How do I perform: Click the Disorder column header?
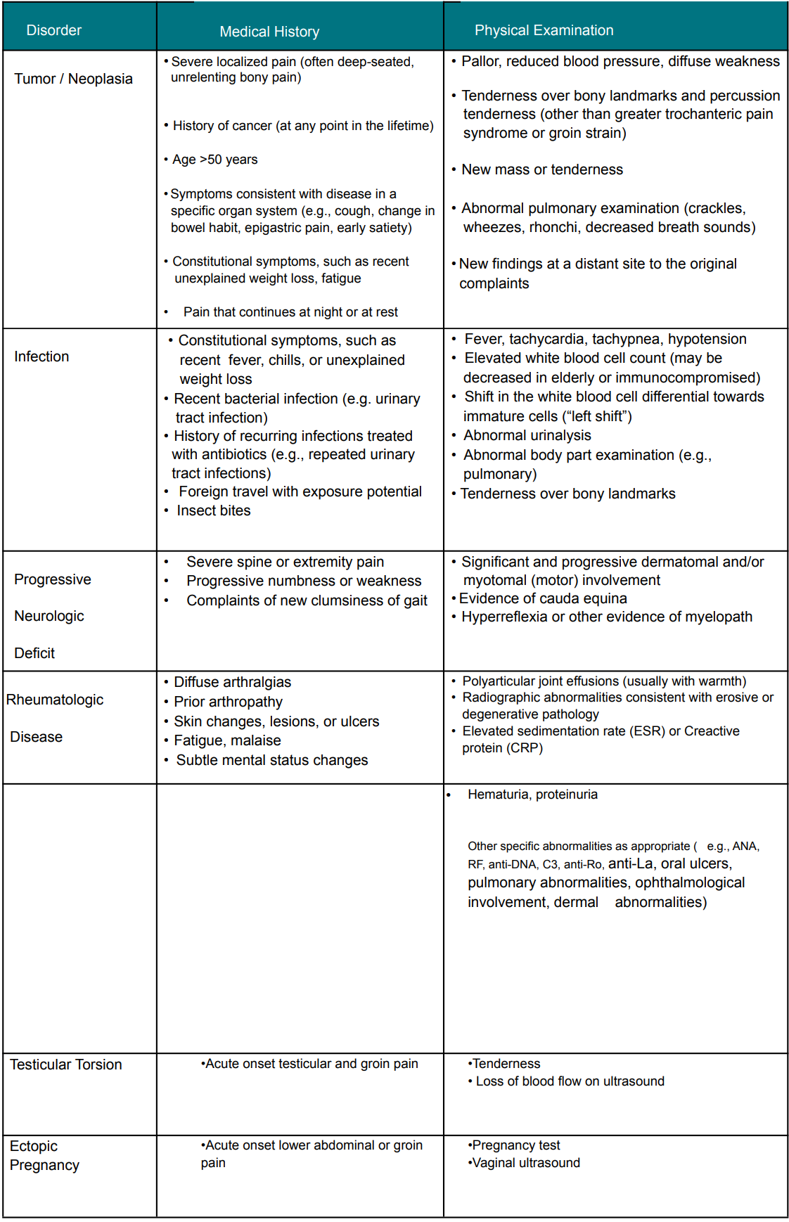tap(54, 30)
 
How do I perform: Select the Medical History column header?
tap(269, 32)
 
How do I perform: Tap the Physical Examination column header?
tap(544, 30)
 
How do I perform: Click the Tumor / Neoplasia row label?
tap(73, 79)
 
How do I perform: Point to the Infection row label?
tap(41, 356)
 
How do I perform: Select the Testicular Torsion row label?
tap(66, 1065)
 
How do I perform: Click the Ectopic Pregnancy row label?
tap(44, 1155)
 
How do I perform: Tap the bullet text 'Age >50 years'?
tap(215, 160)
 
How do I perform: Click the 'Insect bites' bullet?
tap(214, 510)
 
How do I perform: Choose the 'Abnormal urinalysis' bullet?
tap(527, 435)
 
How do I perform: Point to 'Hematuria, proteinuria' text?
tap(532, 795)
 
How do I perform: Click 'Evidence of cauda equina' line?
tap(543, 598)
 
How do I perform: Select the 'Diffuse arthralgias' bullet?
tap(232, 682)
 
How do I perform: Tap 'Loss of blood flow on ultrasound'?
tap(570, 1081)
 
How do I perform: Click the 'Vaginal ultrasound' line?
tap(526, 1163)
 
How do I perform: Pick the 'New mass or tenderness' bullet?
tap(542, 169)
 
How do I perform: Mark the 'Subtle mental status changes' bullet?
tap(272, 760)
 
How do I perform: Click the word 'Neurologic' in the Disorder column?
tap(49, 616)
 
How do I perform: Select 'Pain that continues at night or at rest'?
tap(290, 312)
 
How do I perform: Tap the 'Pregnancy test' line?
tap(516, 1145)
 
